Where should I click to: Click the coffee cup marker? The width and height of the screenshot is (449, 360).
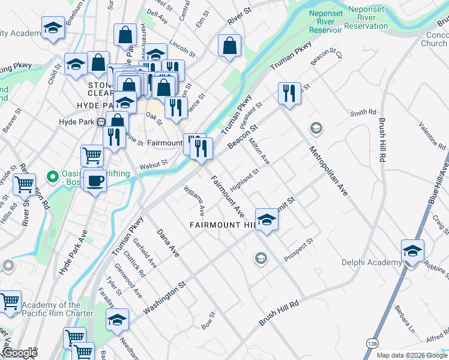click(x=95, y=181)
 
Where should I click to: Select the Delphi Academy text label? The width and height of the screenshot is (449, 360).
click(x=371, y=262)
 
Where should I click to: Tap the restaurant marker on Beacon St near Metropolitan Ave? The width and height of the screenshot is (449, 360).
click(x=289, y=93)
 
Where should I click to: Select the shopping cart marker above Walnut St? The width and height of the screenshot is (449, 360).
click(x=92, y=155)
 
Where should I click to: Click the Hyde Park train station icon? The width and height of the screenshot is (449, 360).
click(x=102, y=121)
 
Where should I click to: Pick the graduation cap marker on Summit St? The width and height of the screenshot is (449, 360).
click(x=267, y=220)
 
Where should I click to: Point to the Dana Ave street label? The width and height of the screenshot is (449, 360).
click(x=168, y=242)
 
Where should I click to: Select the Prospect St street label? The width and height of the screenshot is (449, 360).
click(x=299, y=250)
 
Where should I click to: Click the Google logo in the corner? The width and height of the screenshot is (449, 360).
click(x=19, y=353)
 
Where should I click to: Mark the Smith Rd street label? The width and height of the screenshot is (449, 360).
click(x=363, y=112)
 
